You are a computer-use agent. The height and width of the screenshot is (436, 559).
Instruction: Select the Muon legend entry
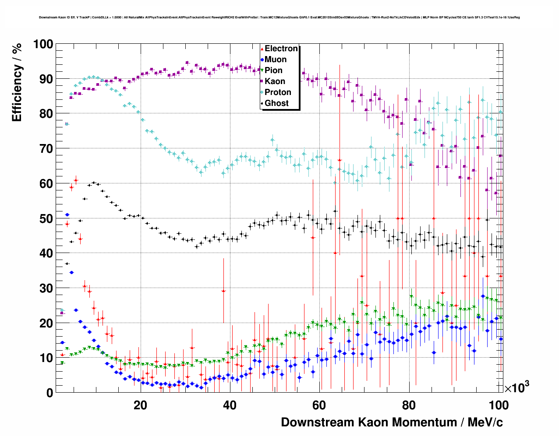276,60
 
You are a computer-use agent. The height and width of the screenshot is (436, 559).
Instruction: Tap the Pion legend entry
273,70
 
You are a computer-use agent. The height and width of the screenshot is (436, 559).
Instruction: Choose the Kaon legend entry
275,81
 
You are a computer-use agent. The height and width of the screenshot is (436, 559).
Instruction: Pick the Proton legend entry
278,92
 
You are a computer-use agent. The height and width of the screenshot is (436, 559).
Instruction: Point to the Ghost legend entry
276,103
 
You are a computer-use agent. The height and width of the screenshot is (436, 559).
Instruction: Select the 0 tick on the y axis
50,393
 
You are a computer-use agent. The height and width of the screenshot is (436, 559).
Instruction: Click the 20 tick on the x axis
140,405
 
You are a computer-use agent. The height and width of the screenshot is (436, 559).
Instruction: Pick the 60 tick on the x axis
319,405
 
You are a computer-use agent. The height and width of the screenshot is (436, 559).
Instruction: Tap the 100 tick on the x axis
499,405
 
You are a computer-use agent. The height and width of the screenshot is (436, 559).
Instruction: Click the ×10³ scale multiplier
517,387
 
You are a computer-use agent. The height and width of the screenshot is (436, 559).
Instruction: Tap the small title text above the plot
279,18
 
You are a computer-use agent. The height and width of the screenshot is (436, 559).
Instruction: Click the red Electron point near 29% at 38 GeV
223,291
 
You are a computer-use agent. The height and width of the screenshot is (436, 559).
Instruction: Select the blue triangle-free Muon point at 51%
67,214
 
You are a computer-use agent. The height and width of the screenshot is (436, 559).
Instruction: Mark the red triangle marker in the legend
262,49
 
